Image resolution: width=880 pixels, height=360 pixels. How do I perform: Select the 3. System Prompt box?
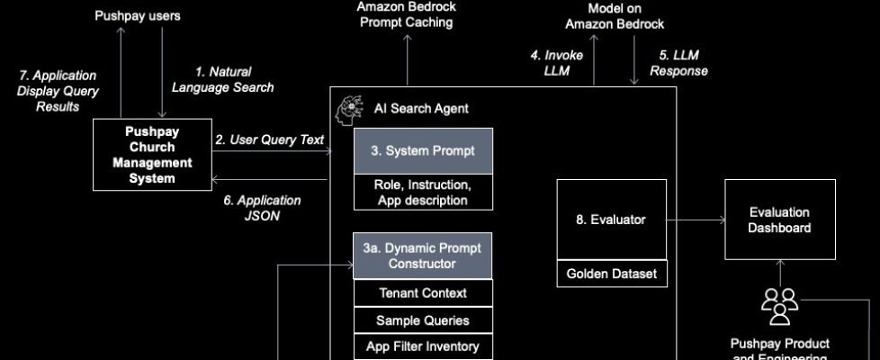(423, 150)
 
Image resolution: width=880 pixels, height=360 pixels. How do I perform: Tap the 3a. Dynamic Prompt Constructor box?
(423, 256)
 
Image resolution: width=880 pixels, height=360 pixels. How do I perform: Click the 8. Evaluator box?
(611, 219)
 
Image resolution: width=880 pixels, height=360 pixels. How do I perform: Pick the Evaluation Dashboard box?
(779, 220)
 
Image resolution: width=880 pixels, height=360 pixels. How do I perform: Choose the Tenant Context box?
(423, 292)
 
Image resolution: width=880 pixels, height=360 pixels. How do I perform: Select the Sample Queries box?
(423, 319)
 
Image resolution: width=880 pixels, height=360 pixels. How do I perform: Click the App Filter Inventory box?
(423, 346)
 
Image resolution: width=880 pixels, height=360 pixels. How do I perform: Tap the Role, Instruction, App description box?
(423, 192)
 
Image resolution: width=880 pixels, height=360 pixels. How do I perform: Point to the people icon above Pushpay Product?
(779, 306)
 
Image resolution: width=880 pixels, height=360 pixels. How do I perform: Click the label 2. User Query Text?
(269, 139)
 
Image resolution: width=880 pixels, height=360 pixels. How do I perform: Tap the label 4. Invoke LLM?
(556, 63)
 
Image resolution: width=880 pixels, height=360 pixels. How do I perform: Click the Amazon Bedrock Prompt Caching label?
(407, 14)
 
